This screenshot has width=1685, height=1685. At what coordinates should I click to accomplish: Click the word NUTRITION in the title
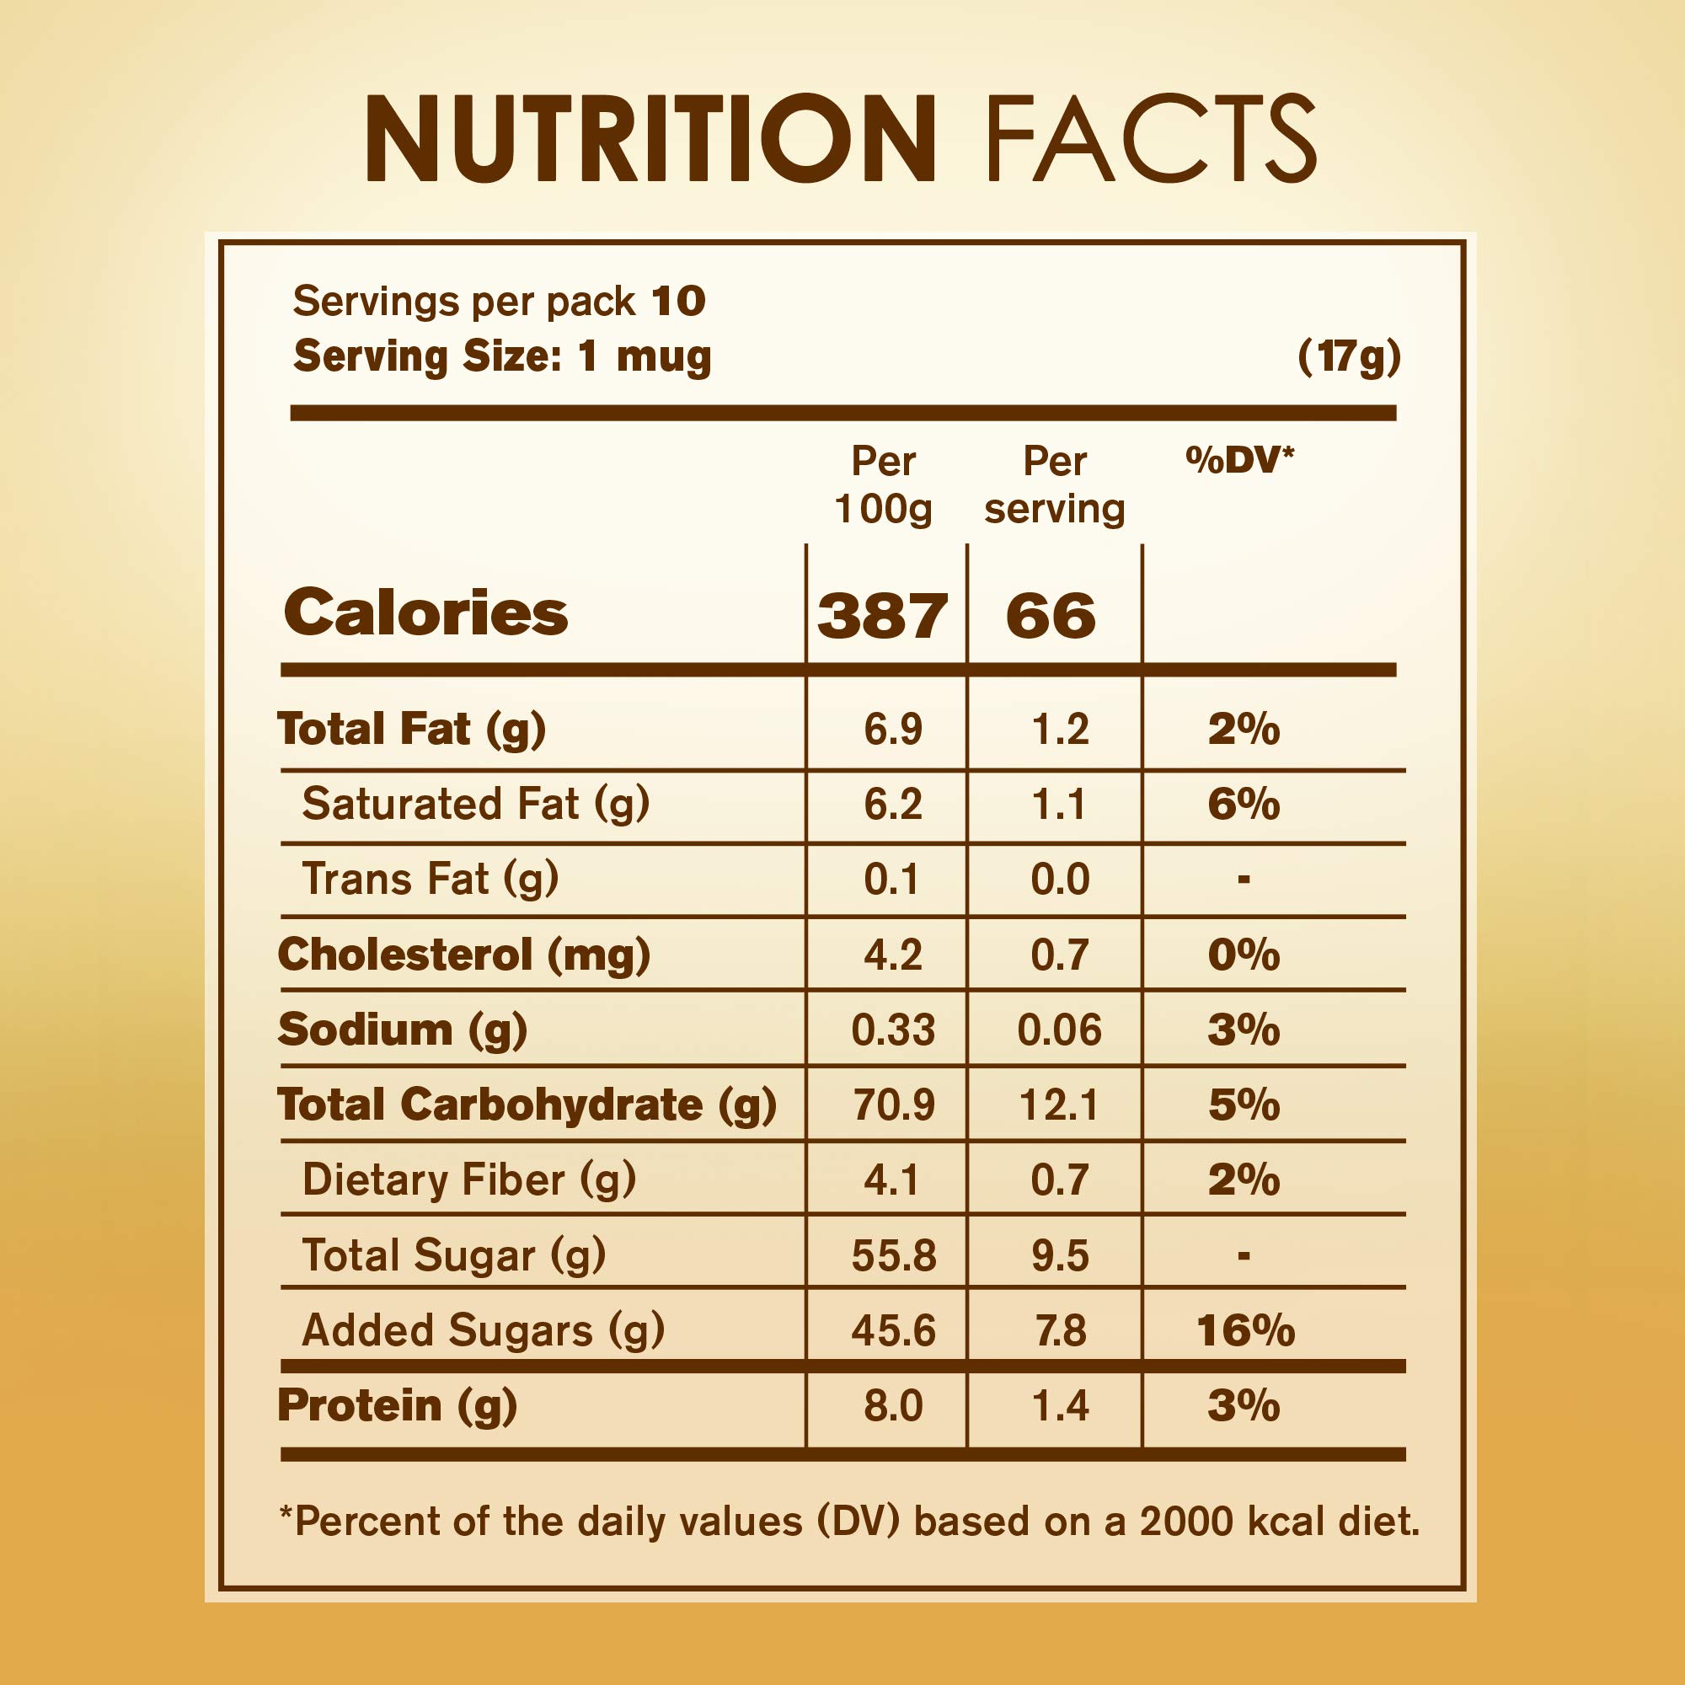tap(650, 140)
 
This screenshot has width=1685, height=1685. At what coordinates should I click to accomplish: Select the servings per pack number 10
tap(678, 302)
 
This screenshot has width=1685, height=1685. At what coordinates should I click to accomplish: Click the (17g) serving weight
tap(1349, 356)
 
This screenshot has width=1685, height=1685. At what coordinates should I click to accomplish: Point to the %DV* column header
tap(1239, 460)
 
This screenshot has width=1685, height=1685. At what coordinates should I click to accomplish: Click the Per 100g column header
tap(884, 484)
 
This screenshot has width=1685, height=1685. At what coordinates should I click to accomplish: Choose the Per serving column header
tap(1055, 484)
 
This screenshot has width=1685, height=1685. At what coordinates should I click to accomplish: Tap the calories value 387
tap(883, 616)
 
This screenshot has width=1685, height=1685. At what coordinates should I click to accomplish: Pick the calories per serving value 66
tap(1050, 616)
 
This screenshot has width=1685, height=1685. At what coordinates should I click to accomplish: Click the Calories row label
tap(425, 612)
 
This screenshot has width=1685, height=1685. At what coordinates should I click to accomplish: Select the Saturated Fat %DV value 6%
tap(1244, 803)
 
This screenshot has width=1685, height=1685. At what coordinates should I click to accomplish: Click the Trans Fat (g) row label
tap(430, 878)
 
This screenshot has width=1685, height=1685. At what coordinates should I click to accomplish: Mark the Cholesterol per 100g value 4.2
tap(893, 955)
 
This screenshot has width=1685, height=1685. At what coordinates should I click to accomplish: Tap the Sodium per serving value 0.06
tap(1059, 1030)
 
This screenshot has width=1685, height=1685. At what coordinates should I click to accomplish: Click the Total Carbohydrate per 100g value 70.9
tap(893, 1105)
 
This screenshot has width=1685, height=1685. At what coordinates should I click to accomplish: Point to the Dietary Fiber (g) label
tap(469, 1180)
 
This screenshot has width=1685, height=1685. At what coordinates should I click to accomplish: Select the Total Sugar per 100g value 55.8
tap(893, 1256)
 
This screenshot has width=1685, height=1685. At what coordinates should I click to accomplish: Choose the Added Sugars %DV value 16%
tap(1245, 1331)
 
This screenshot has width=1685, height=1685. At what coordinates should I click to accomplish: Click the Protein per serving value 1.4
tap(1060, 1406)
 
